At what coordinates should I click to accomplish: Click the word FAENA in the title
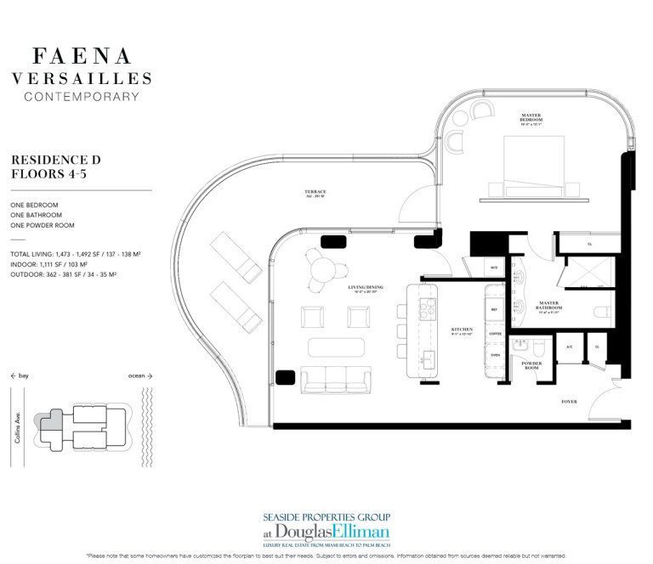pos(82,57)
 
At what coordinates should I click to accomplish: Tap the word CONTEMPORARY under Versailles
pos(82,96)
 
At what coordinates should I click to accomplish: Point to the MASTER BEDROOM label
pos(531,118)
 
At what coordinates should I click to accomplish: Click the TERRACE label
pos(315,193)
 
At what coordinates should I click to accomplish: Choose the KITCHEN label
pos(463,327)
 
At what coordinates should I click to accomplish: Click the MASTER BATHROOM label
pos(545,303)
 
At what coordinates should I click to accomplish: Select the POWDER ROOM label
pos(532,367)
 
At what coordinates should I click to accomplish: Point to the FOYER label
pos(569,400)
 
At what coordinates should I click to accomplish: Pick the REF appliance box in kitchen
pos(495,310)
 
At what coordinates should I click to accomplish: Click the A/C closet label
pos(570,347)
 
